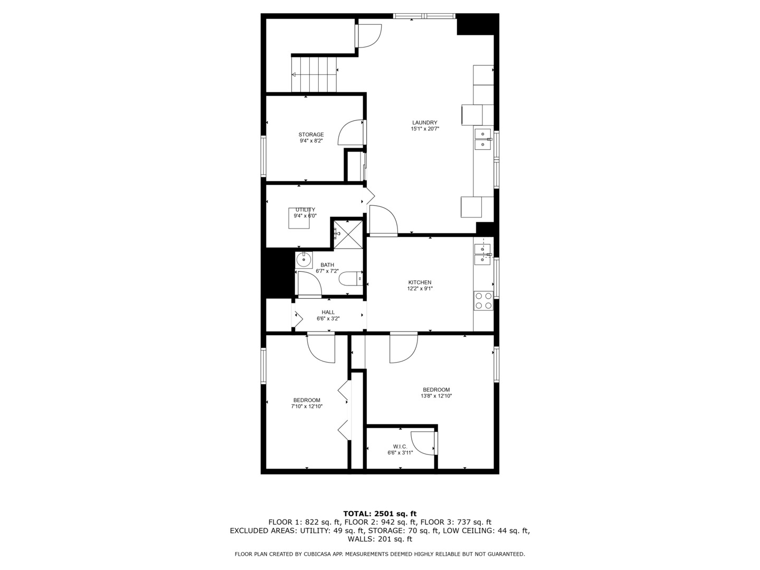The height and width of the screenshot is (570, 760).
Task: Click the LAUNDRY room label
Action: coord(425,122)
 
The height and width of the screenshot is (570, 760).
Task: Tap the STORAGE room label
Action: coord(311,135)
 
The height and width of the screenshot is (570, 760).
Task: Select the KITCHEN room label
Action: coord(420,282)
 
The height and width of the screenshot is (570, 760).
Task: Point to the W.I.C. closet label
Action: coord(400,446)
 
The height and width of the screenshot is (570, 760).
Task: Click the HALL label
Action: coord(328,312)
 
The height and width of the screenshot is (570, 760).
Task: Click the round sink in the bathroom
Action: coord(303,259)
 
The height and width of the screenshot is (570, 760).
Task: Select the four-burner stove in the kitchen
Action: coord(483,300)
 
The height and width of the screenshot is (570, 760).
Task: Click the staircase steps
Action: coord(315,74)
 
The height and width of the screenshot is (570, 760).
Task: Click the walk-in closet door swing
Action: coord(423,443)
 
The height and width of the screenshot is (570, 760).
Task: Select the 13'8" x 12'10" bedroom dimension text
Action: coord(436,396)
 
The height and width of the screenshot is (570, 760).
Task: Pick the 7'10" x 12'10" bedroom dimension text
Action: coord(307,406)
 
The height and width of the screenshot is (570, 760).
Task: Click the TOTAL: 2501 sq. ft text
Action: coord(379,514)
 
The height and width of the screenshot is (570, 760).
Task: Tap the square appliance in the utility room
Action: coord(299,218)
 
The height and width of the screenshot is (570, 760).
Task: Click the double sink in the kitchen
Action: coord(483,254)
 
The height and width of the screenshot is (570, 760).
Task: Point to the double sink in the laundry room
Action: coord(483,139)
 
